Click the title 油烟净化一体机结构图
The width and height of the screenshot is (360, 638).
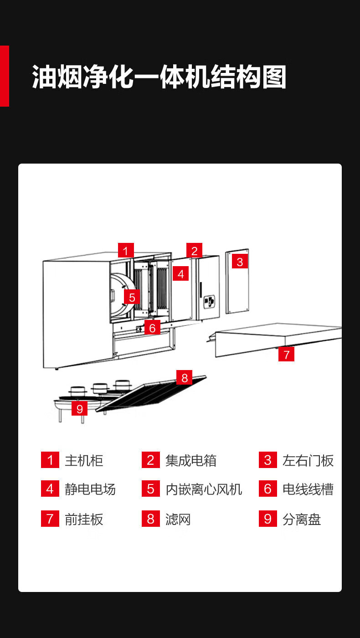159,77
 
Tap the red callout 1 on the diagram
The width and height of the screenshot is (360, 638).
126,251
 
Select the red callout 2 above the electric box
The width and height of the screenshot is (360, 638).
194,251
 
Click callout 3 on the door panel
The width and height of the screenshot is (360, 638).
240,262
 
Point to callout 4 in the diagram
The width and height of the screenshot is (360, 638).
181,274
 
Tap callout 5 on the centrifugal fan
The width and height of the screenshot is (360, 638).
132,298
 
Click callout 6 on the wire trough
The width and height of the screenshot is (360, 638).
152,327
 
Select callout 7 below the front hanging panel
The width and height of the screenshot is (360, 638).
286,354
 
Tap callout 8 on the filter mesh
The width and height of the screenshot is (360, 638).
185,377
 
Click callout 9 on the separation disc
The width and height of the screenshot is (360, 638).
80,408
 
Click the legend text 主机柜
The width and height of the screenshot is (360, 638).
84,460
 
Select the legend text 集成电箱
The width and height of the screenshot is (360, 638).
191,460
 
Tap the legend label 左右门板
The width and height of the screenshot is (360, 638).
308,460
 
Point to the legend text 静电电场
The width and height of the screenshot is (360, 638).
90,489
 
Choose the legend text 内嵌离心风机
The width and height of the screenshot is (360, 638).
204,489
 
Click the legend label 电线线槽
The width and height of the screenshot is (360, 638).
308,489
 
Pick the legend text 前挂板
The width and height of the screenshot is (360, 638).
84,519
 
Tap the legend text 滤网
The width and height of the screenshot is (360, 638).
178,519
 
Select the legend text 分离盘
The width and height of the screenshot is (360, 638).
302,519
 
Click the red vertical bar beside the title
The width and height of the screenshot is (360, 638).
4,76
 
